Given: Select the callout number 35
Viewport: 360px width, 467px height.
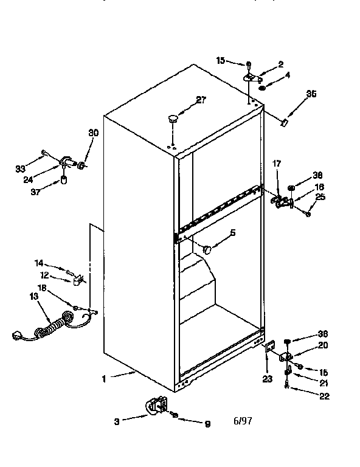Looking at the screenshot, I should click(x=311, y=94).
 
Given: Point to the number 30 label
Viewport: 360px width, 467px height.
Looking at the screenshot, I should click(x=93, y=133).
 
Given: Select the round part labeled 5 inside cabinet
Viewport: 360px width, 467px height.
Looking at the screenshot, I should click(x=207, y=249).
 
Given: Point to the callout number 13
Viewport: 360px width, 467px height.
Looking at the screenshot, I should click(x=33, y=296).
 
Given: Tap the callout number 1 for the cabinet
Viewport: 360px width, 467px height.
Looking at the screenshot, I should click(x=104, y=379).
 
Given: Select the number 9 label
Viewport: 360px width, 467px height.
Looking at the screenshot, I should click(x=207, y=425).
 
